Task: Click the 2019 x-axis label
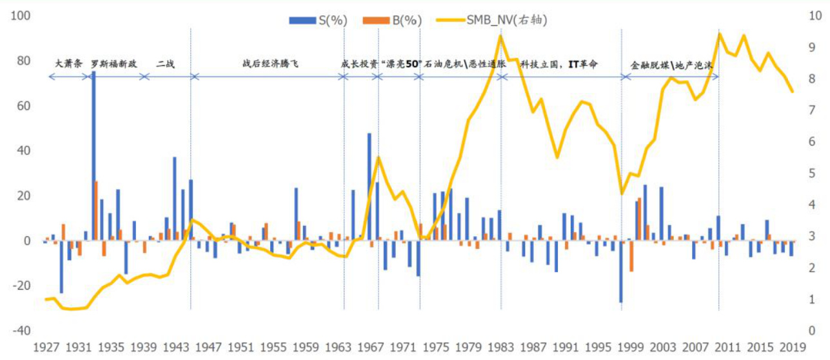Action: tap(791, 347)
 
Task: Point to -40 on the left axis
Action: tap(21, 330)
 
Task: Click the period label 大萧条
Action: tap(69, 65)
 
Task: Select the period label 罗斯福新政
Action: tap(114, 65)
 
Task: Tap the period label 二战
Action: tap(166, 65)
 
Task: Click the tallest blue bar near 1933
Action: tap(94, 155)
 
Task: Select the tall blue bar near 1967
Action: tap(370, 186)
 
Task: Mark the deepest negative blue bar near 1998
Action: tap(620, 271)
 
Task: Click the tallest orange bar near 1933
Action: tap(97, 210)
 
